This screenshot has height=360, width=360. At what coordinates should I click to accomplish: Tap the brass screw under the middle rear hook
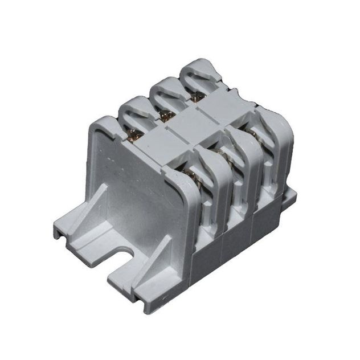[166, 117]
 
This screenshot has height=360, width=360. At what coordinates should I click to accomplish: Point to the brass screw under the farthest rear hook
[195, 98]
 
